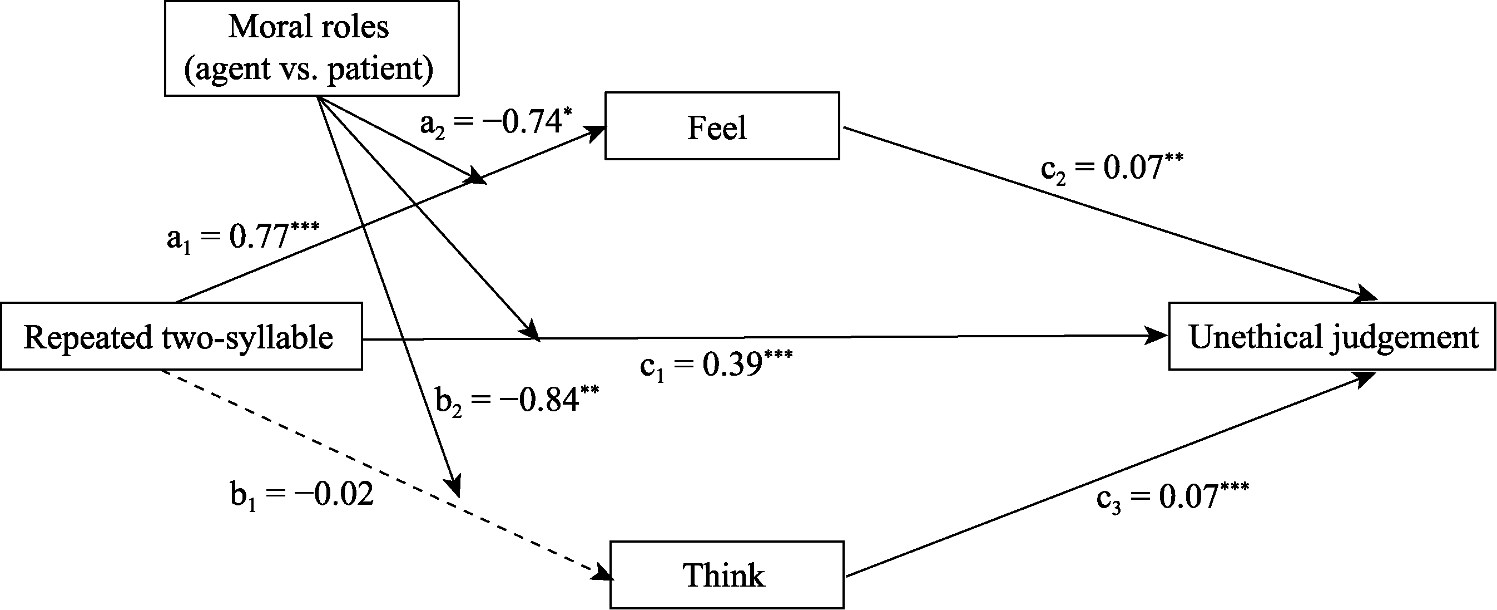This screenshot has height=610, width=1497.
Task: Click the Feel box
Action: tap(722, 126)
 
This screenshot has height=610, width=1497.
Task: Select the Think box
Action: tap(726, 575)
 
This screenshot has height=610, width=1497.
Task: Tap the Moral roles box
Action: tap(311, 48)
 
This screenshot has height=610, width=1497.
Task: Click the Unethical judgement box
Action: tap(1332, 337)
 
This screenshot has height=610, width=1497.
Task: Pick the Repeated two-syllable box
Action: tap(181, 337)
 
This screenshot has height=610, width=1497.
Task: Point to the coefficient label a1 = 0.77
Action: tap(243, 237)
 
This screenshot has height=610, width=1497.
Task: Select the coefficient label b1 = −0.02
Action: tap(301, 495)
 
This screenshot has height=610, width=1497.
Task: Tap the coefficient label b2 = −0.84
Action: tap(517, 401)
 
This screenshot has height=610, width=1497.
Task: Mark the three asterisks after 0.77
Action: tap(305, 225)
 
